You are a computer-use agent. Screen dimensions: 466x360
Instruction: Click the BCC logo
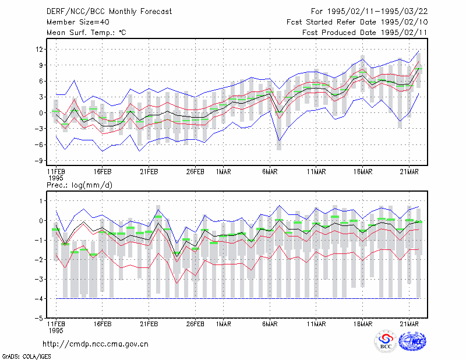pyautogui.click(x=386, y=341)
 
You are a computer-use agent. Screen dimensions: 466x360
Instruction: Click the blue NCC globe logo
pyautogui.click(x=412, y=341)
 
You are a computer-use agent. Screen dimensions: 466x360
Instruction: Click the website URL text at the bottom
pyautogui.click(x=96, y=344)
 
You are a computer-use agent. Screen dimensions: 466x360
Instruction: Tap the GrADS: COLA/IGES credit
pyautogui.click(x=26, y=356)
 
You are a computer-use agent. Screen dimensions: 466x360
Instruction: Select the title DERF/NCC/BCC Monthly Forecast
pyautogui.click(x=109, y=12)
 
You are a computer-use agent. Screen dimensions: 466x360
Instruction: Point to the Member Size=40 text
pyautogui.click(x=78, y=22)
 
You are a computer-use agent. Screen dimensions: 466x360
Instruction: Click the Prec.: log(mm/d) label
pyautogui.click(x=79, y=185)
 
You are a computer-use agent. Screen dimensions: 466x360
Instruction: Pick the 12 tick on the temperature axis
pyautogui.click(x=39, y=49)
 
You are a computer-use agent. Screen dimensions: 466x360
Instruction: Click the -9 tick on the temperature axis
pyautogui.click(x=39, y=161)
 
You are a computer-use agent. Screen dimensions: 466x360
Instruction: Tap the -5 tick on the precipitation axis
pyautogui.click(x=39, y=318)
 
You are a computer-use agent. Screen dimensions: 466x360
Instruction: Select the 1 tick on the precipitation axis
pyautogui.click(x=41, y=201)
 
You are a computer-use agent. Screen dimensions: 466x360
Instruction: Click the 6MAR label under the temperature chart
pyautogui.click(x=270, y=172)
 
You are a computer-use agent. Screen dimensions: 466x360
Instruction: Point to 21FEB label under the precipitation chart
pyautogui.click(x=149, y=324)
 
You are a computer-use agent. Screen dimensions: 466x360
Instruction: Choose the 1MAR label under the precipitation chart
pyautogui.click(x=224, y=324)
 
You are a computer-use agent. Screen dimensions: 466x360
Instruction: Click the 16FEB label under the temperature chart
pyautogui.click(x=103, y=172)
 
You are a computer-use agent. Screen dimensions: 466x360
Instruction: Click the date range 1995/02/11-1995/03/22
pyautogui.click(x=377, y=12)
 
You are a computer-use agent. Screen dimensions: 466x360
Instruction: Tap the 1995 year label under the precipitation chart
pyautogui.click(x=56, y=330)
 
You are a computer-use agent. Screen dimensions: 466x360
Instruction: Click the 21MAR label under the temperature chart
pyautogui.click(x=409, y=172)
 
